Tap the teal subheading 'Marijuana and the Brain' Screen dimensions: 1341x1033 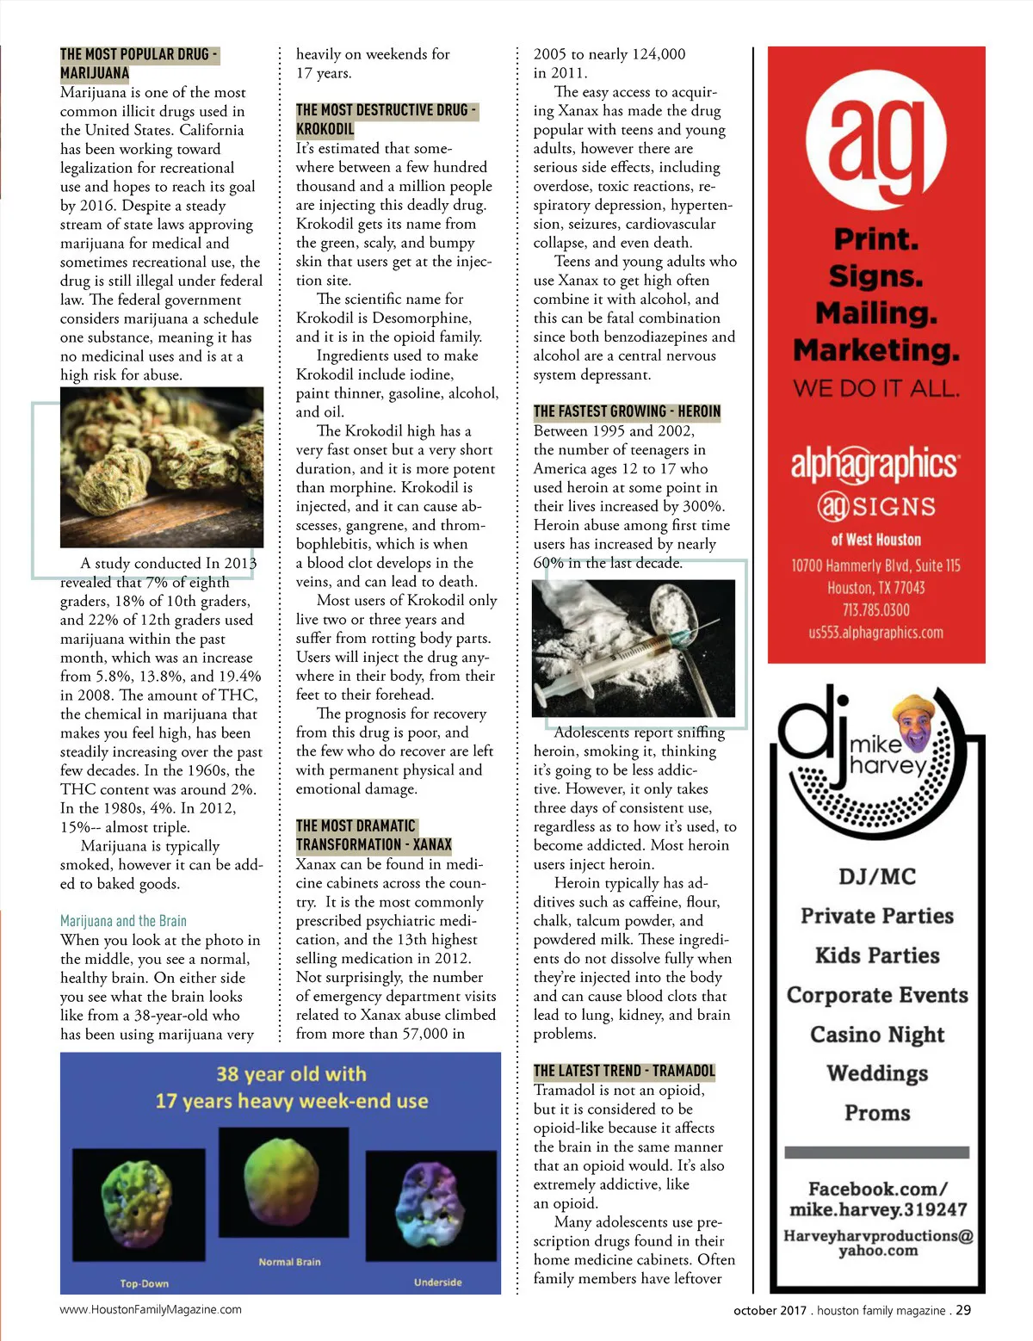[x=123, y=921]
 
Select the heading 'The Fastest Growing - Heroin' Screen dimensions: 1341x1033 [x=627, y=411]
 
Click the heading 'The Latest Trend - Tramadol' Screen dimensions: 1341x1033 [x=624, y=1071]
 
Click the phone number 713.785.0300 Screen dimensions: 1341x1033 [x=875, y=610]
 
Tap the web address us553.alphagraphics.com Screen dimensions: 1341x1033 [x=875, y=633]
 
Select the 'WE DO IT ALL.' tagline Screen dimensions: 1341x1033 [x=875, y=389]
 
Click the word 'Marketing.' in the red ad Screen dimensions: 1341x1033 [x=875, y=350]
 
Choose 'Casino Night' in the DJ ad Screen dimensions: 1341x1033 [x=876, y=1035]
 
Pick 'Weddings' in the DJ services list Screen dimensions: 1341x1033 [x=876, y=1073]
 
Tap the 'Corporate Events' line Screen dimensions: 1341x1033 [x=876, y=995]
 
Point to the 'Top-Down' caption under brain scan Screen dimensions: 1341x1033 [x=144, y=1283]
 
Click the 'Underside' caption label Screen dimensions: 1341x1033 [x=437, y=1282]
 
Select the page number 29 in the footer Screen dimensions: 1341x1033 [x=963, y=1310]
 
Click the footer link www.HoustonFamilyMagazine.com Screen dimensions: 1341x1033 [x=151, y=1309]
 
